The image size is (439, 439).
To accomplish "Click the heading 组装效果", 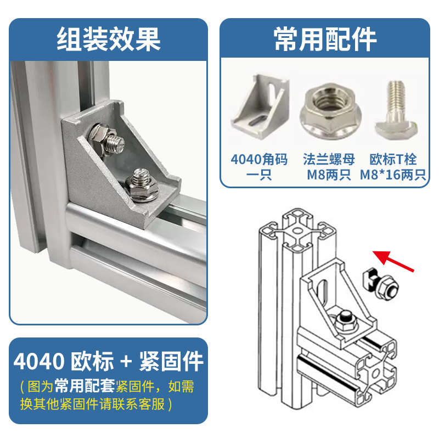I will coord(108,39).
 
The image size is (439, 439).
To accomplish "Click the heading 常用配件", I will coord(325,39).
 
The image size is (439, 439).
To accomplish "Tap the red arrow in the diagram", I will coord(393,261).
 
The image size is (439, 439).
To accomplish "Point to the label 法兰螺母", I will coord(329,160).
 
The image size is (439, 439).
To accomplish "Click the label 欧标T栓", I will coord(393,160).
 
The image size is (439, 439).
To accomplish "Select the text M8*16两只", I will coord(393,176).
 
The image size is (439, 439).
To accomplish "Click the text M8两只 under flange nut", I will coord(329,176).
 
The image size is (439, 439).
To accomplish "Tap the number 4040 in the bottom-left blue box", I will coord(38,362).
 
